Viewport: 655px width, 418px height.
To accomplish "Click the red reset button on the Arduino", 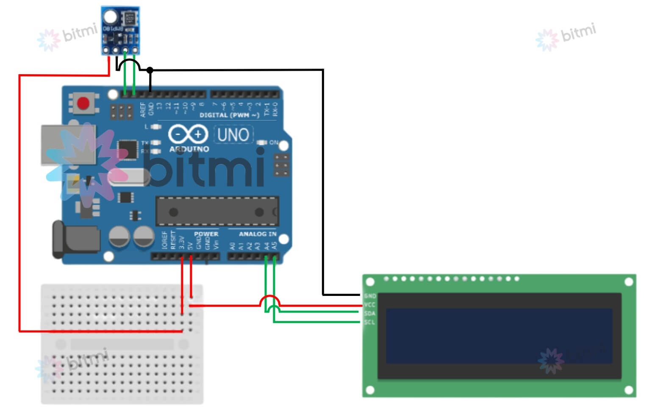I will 83,103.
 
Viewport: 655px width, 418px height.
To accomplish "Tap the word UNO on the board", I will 233,135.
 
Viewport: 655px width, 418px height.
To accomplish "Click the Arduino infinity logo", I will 188,135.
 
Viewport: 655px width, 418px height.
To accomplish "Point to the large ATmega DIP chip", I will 217,211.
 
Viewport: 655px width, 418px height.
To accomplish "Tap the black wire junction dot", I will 150,70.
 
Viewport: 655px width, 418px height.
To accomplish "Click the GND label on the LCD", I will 369,296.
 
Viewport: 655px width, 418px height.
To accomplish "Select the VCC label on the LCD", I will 369,305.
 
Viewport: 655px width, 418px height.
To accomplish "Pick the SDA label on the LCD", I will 369,314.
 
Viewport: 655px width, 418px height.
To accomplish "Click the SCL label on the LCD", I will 369,323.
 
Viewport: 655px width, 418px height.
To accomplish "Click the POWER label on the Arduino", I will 206,234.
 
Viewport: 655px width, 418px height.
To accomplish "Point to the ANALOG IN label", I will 257,234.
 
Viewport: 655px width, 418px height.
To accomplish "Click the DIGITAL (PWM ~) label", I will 229,115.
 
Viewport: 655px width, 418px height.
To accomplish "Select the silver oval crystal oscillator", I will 128,178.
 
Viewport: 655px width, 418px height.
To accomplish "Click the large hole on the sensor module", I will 110,17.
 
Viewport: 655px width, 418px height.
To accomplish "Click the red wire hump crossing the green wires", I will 270,299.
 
